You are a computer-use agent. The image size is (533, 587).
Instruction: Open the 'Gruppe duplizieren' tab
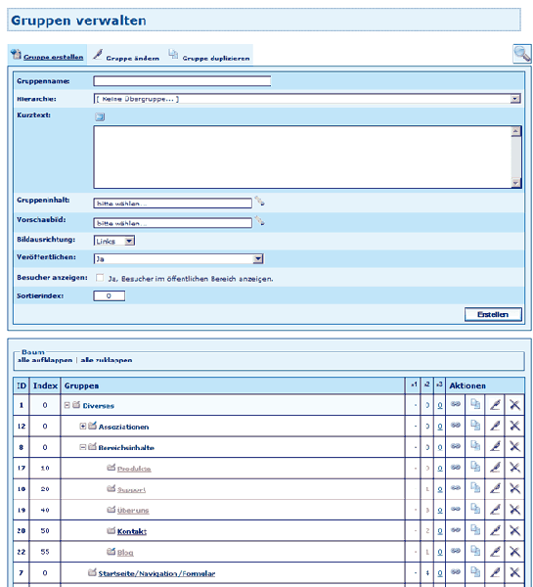pos(214,58)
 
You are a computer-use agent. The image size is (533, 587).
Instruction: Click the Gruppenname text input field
pos(182,81)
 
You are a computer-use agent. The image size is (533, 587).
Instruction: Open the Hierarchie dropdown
pos(306,99)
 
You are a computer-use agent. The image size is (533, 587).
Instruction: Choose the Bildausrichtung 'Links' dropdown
pos(114,240)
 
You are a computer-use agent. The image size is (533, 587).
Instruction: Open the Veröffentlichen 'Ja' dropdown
pos(179,259)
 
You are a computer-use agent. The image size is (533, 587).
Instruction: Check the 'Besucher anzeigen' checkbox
pos(100,278)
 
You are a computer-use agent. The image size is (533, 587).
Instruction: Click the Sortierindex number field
pos(110,295)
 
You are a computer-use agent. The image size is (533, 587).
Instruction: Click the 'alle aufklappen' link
pos(45,360)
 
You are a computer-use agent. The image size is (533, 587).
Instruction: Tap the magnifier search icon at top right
pos(521,56)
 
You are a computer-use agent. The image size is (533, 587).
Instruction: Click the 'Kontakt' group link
pos(131,530)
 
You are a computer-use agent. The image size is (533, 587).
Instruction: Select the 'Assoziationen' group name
pos(123,427)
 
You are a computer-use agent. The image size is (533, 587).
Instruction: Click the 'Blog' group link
pos(126,552)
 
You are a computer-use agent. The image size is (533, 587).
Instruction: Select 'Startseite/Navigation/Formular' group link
pos(155,573)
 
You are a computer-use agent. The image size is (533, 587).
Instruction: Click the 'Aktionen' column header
pos(468,385)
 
